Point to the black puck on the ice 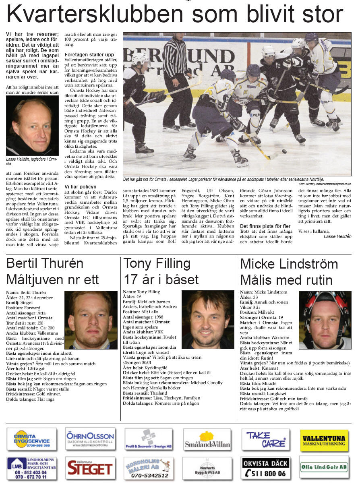tap(284, 151)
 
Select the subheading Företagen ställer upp tap(89, 54)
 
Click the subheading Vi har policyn tap(81, 187)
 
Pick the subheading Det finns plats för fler tap(265, 226)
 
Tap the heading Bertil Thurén tap(45, 263)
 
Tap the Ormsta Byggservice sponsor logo tap(32, 439)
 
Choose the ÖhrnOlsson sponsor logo tap(90, 439)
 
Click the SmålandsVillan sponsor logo tap(207, 439)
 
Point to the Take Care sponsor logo tap(265, 439)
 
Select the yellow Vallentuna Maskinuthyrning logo tap(324, 441)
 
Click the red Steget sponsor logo tap(90, 468)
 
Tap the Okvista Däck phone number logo tap(265, 468)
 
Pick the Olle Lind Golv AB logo tap(324, 467)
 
